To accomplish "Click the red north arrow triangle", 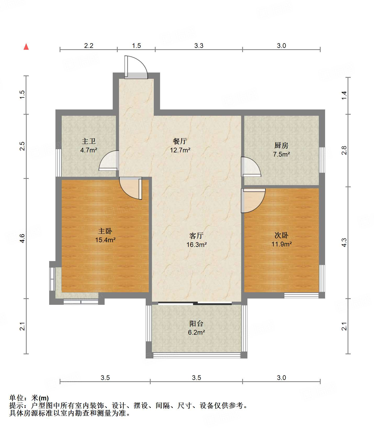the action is (x=26, y=47).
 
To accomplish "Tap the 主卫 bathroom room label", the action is (x=89, y=141).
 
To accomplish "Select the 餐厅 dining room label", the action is (x=180, y=141).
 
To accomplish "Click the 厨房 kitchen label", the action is (x=281, y=145).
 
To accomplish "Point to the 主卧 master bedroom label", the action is (x=105, y=231).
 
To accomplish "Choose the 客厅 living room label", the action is (x=196, y=236).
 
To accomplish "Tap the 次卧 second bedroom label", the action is (x=281, y=235).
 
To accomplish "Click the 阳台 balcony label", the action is (x=196, y=324).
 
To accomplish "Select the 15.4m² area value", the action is (x=105, y=240).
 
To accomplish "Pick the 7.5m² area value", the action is (x=282, y=154).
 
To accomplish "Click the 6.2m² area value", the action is (x=196, y=333).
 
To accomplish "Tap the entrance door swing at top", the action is (x=136, y=67).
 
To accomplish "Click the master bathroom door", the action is (x=109, y=161).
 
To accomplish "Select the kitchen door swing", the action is (x=251, y=167).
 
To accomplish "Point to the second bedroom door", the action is (x=253, y=201).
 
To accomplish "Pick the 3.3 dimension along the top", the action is (x=199, y=46).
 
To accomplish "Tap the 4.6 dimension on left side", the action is (x=22, y=238).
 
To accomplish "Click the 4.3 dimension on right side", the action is (x=344, y=242).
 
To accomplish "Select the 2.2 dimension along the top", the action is (x=89, y=46).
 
